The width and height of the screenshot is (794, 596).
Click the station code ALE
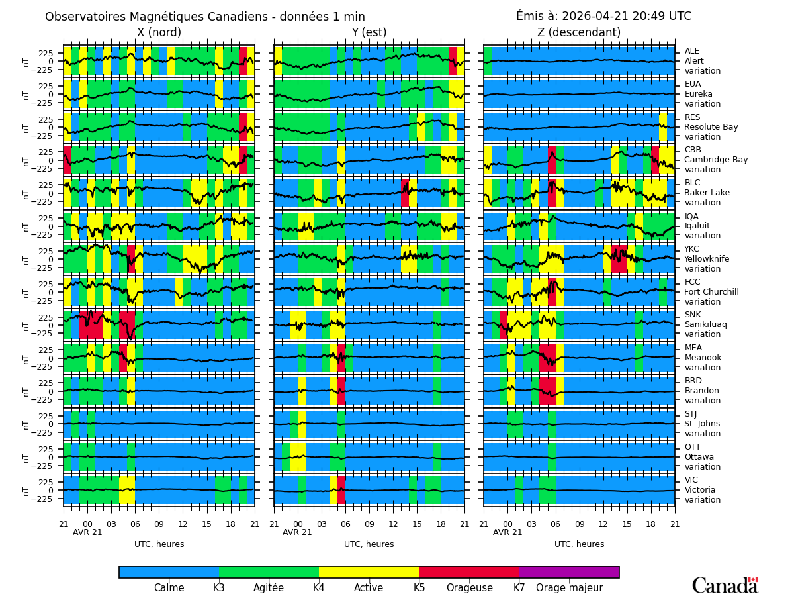click(691, 51)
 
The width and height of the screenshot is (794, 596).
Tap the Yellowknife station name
click(707, 259)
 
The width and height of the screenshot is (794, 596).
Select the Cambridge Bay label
click(716, 160)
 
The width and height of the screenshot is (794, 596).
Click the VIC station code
click(691, 480)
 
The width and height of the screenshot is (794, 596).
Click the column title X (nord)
click(159, 33)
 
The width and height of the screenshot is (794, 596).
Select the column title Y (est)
click(369, 33)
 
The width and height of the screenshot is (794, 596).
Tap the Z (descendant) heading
click(579, 33)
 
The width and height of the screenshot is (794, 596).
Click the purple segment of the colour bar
click(569, 572)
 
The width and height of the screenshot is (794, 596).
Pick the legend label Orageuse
click(469, 588)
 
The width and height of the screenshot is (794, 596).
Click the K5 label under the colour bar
click(419, 588)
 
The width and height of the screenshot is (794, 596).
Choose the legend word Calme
click(169, 588)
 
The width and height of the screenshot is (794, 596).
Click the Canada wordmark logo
click(725, 586)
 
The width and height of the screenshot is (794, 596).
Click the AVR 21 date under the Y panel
click(297, 532)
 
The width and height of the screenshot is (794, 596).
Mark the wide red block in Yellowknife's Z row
click(619, 259)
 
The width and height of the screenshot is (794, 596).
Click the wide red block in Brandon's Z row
click(547, 391)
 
